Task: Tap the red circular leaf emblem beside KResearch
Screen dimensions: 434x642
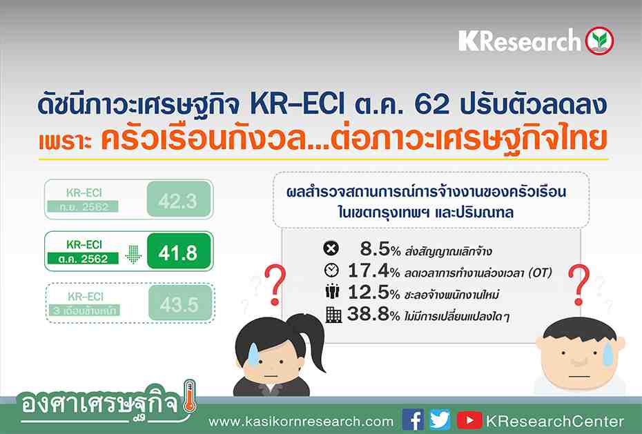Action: pos(598,41)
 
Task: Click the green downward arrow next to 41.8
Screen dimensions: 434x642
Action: pos(133,254)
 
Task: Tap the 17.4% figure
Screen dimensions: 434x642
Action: pos(369,271)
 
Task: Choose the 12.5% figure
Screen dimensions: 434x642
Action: pos(369,294)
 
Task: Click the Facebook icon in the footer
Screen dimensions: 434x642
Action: pos(413,420)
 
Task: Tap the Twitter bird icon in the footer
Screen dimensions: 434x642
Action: pos(439,420)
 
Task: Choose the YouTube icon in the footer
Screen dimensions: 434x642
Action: pos(469,420)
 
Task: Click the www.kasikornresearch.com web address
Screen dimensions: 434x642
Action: pos(301,421)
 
